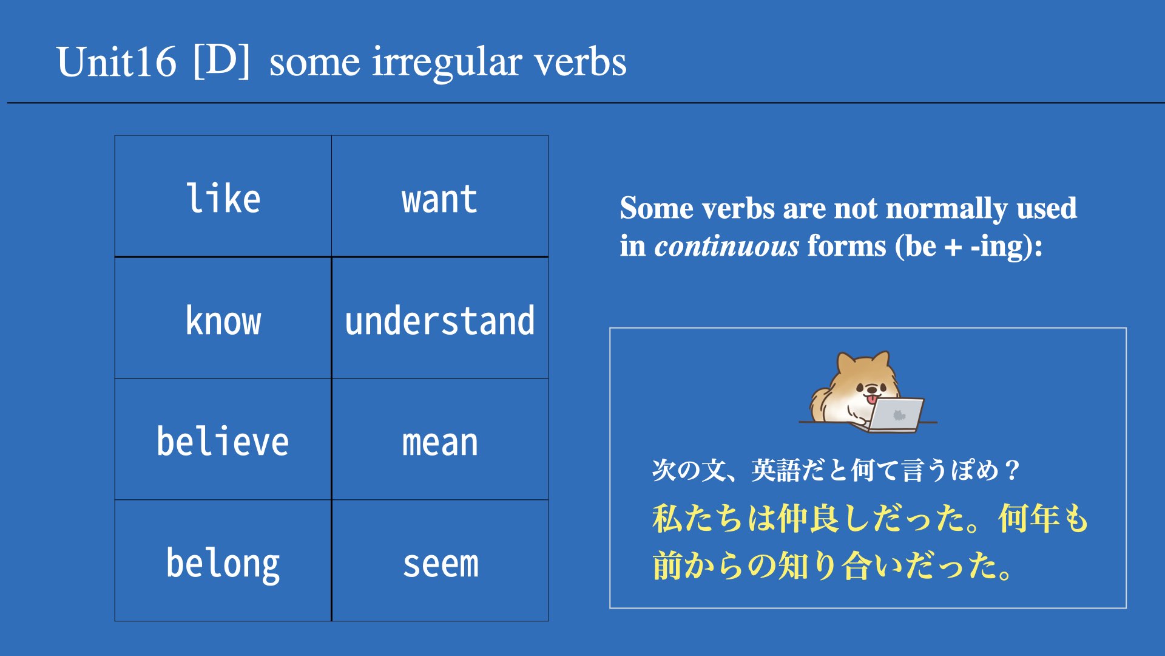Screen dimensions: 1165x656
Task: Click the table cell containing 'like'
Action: click(x=223, y=196)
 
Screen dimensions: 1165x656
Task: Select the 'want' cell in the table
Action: click(x=440, y=196)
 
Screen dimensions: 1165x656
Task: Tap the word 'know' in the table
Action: click(x=223, y=321)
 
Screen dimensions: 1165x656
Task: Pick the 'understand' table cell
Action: click(x=440, y=318)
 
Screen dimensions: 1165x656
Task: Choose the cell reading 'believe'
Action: click(x=223, y=439)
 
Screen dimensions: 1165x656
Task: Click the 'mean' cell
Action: click(x=440, y=439)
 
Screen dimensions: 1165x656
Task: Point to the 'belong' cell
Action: click(x=223, y=560)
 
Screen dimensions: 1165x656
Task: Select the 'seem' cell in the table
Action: click(x=440, y=560)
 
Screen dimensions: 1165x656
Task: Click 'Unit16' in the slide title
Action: click(x=116, y=61)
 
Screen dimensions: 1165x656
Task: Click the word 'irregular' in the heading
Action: click(x=447, y=63)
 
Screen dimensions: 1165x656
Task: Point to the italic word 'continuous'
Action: click(x=727, y=246)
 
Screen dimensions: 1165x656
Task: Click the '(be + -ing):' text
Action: click(x=968, y=246)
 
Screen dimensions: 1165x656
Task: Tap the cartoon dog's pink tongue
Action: click(x=871, y=399)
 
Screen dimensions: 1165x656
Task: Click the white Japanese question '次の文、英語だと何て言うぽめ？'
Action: click(x=836, y=470)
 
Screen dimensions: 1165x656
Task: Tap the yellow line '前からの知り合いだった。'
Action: click(x=832, y=565)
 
